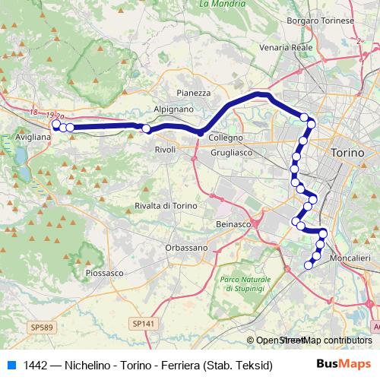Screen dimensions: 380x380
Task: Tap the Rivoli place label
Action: pos(165,150)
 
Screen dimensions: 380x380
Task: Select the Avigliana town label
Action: pos(33,138)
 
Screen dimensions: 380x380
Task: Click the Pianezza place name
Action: pos(193,93)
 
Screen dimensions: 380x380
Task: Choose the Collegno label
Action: pos(226,138)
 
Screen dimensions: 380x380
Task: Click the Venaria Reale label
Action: pos(286,47)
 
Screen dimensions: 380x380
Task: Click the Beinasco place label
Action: pos(233,224)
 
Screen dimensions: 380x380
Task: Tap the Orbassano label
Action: pos(186,248)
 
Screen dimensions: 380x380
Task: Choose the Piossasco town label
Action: pos(105,272)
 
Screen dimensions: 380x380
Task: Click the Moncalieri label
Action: pos(351,258)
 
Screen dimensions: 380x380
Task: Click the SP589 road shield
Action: pos(43,326)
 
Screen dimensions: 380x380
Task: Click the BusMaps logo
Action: pos(341,365)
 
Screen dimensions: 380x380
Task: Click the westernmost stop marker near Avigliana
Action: pos(55,123)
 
